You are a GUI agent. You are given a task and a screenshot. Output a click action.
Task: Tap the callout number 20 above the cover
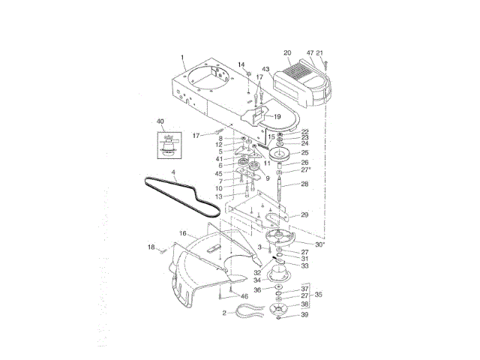[286, 52]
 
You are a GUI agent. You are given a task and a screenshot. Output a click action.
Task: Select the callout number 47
[310, 52]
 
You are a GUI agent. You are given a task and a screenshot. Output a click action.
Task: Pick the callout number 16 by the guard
[182, 234]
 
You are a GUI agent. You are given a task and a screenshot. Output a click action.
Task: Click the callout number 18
[151, 247]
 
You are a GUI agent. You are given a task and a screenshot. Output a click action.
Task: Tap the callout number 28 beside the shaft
[304, 184]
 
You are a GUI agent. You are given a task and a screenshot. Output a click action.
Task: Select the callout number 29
[304, 214]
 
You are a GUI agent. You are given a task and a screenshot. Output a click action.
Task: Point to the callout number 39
[304, 315]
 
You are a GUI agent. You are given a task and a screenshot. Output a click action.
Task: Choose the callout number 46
[244, 297]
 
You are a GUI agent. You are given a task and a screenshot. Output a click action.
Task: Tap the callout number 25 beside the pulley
[304, 152]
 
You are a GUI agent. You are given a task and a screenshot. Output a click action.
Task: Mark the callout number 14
[242, 65]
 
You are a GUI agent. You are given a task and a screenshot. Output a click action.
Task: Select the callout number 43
[265, 70]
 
